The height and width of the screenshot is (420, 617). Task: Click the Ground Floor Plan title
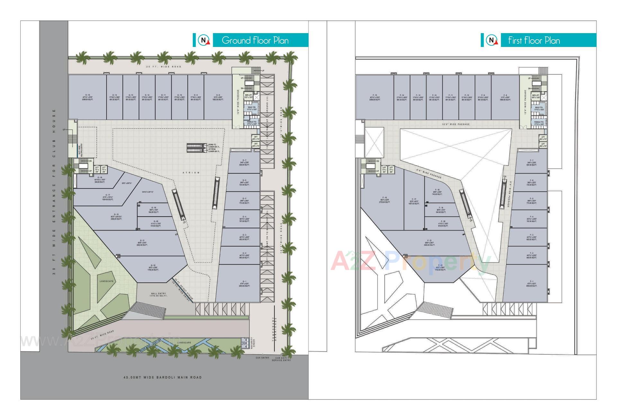coord(255,41)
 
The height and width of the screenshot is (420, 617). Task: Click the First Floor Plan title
coord(534,41)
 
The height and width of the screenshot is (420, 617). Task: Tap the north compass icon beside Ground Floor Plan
coord(203,40)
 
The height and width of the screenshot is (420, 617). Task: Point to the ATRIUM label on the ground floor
coord(191,173)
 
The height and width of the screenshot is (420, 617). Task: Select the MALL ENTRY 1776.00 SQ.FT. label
coord(158,295)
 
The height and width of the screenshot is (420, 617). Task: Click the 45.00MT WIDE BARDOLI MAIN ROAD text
coord(163,377)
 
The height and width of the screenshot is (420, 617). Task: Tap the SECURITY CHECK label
coord(253,343)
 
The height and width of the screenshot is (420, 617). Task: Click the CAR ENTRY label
coord(263,358)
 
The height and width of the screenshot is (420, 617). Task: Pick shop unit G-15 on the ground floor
coord(87,97)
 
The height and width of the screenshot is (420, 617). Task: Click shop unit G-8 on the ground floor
coord(218,97)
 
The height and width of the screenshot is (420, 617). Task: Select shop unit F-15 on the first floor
coord(375,97)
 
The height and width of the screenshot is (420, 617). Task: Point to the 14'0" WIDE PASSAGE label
coord(455,124)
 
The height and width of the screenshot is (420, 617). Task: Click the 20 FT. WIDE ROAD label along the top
coord(164,67)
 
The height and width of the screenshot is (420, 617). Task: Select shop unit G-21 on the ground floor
coord(142,243)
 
